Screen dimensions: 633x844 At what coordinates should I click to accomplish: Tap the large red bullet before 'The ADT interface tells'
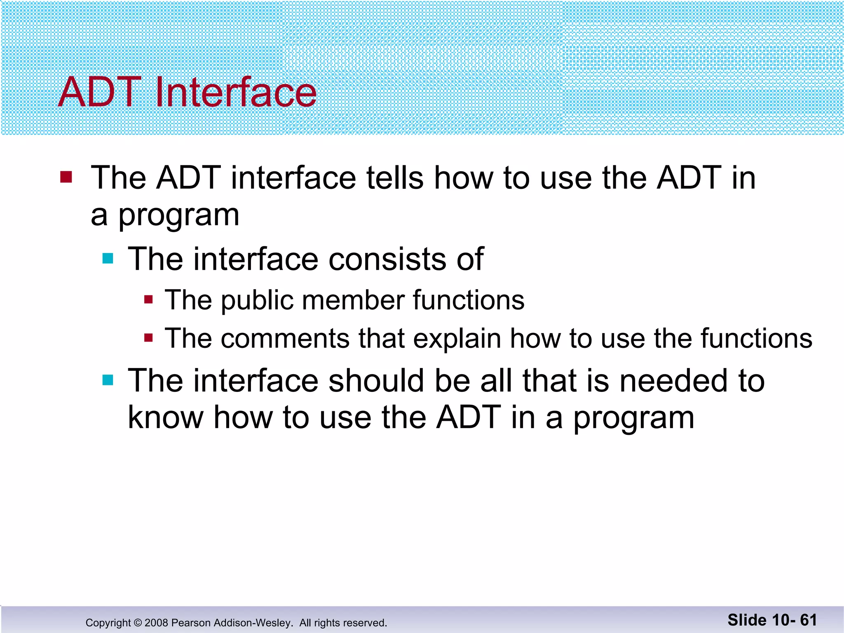pyautogui.click(x=66, y=177)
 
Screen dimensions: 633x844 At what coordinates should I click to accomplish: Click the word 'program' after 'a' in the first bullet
pyautogui.click(x=178, y=216)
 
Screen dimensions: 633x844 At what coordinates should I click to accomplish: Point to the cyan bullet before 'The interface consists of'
pyautogui.click(x=108, y=258)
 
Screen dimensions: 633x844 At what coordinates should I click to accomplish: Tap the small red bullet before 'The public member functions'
pyautogui.click(x=148, y=300)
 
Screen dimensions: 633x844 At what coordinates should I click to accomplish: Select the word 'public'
pyautogui.click(x=257, y=300)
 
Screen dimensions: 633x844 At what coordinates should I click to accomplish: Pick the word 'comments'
pyautogui.click(x=285, y=339)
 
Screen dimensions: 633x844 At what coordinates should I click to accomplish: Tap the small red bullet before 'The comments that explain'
pyautogui.click(x=148, y=338)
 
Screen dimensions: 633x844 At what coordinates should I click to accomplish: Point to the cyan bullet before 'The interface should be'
pyautogui.click(x=108, y=380)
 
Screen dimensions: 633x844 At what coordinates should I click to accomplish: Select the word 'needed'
pyautogui.click(x=673, y=380)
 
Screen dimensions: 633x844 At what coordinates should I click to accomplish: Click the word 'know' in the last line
pyautogui.click(x=165, y=417)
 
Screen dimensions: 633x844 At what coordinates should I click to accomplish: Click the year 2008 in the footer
pyautogui.click(x=156, y=623)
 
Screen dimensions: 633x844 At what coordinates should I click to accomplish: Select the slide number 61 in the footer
pyautogui.click(x=808, y=620)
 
